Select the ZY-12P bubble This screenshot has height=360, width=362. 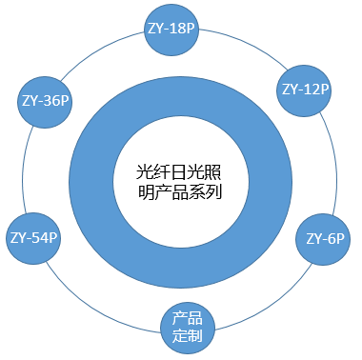(305, 89)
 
